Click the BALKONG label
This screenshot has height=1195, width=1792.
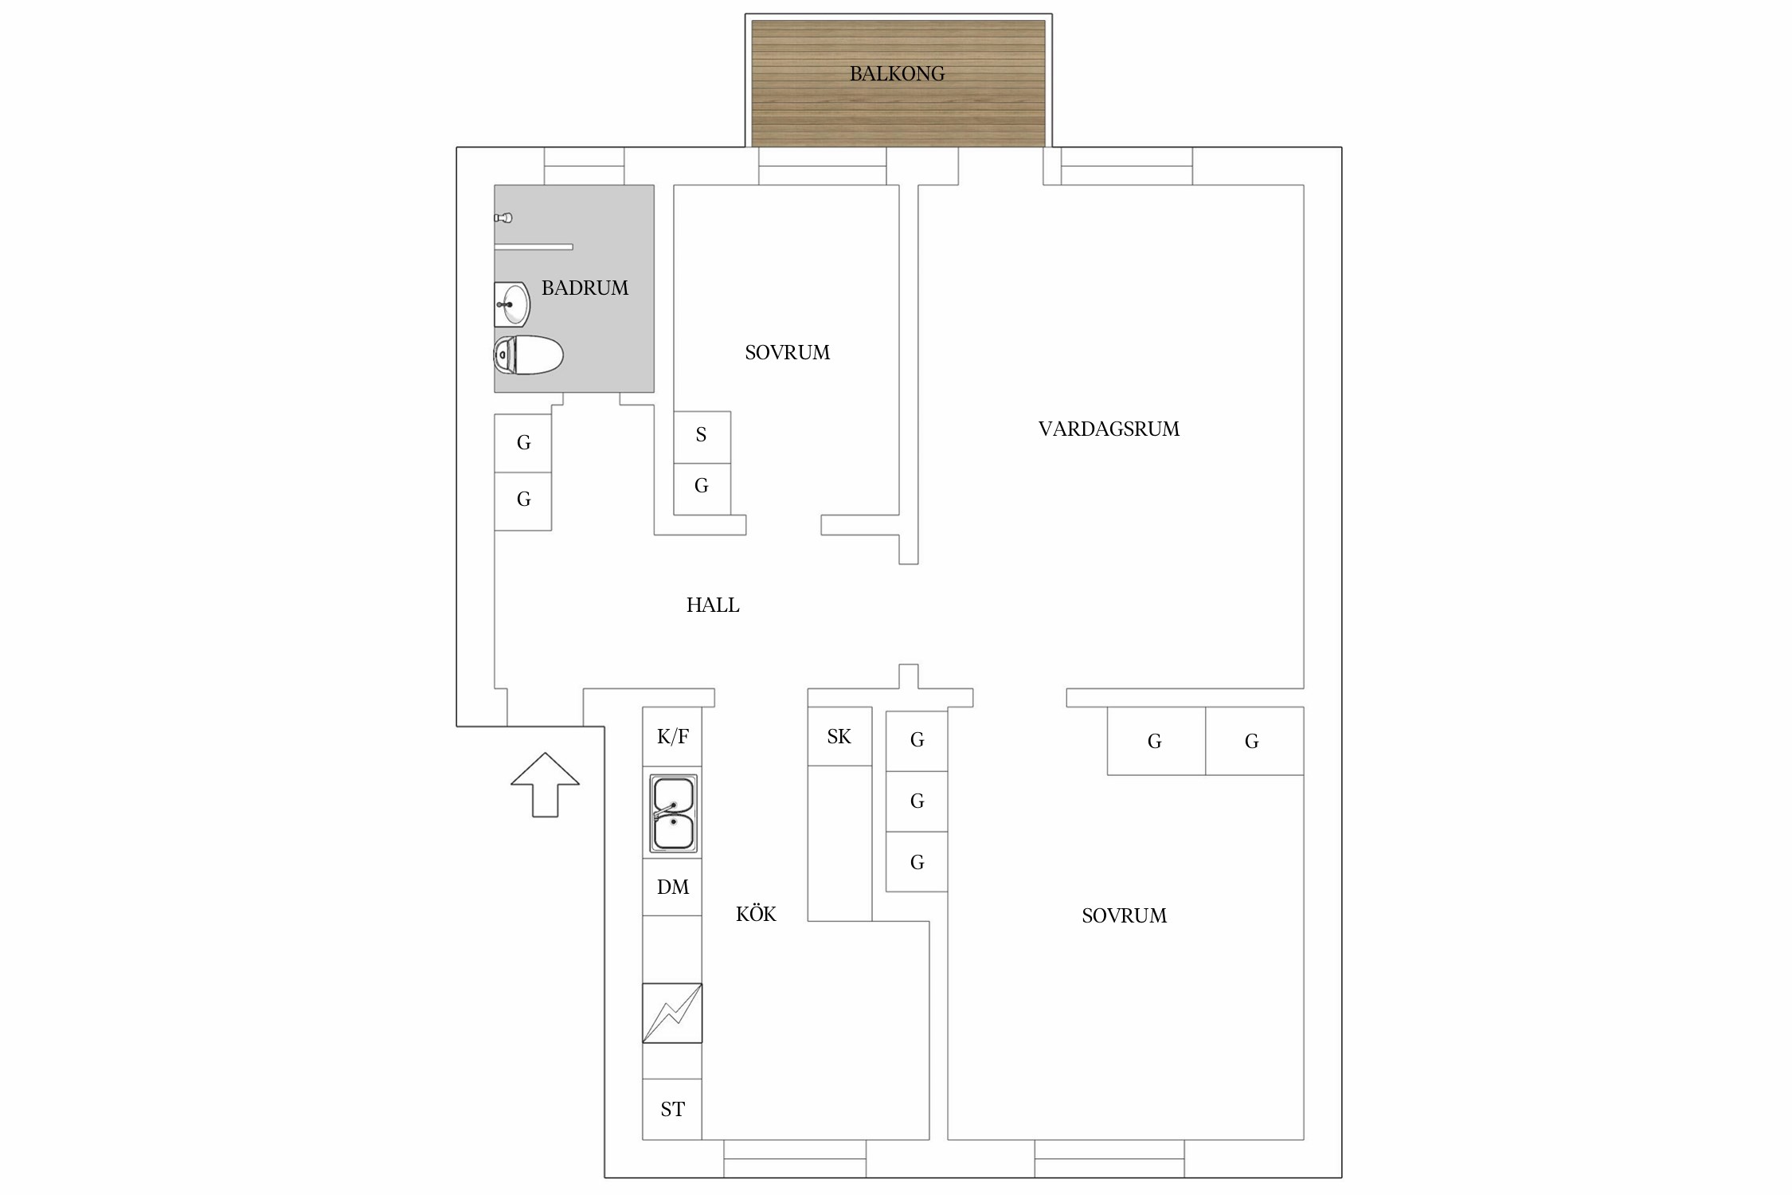(x=897, y=74)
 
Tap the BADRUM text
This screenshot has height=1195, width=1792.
(x=585, y=288)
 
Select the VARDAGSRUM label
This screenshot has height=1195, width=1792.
(x=1109, y=429)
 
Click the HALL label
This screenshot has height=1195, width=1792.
(x=713, y=605)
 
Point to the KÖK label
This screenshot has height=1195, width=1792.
(x=756, y=914)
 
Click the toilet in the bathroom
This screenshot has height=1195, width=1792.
(x=528, y=355)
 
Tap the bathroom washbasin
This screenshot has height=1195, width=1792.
(x=511, y=304)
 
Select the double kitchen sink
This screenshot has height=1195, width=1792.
(x=673, y=813)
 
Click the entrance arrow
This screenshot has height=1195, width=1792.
(x=545, y=785)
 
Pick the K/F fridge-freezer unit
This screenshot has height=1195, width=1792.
(x=672, y=736)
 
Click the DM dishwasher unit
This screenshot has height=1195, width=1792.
(x=672, y=887)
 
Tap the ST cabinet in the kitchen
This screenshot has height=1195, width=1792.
(x=672, y=1109)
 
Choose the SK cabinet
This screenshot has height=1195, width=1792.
(x=839, y=736)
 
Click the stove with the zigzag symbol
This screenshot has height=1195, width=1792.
(x=672, y=1013)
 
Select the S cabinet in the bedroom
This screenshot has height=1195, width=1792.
(x=702, y=437)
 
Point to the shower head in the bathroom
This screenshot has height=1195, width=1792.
(x=503, y=217)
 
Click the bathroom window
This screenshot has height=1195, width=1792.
(x=584, y=166)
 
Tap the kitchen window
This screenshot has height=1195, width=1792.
(x=795, y=1158)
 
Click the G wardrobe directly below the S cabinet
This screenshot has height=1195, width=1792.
(x=702, y=489)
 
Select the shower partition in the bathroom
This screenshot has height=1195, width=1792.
(x=534, y=247)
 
